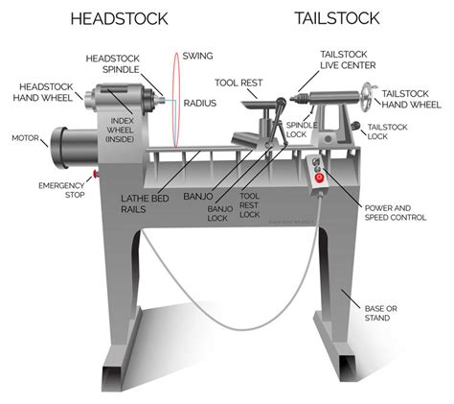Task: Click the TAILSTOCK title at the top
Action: [x=337, y=19]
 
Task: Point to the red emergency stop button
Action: [x=94, y=175]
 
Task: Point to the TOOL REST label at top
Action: [x=237, y=83]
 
